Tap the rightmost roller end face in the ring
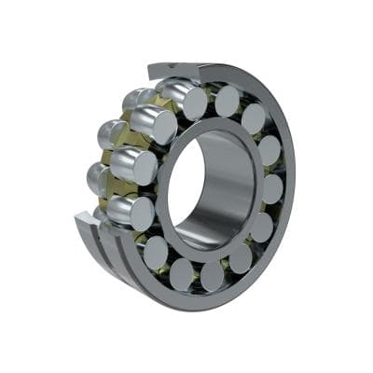pos(272,188)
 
